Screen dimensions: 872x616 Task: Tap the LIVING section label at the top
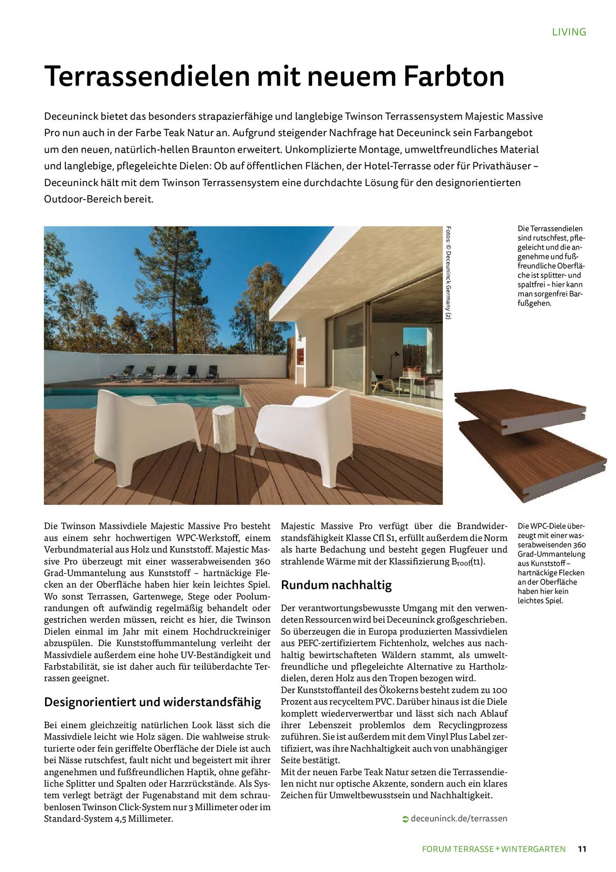pyautogui.click(x=569, y=32)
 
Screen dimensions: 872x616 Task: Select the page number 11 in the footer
pyautogui.click(x=583, y=849)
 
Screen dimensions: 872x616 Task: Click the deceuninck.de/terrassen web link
pyautogui.click(x=459, y=819)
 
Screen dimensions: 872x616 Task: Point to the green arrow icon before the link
pyautogui.click(x=405, y=819)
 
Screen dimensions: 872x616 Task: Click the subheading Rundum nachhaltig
pyautogui.click(x=336, y=585)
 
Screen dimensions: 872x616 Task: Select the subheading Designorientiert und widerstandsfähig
pyautogui.click(x=152, y=702)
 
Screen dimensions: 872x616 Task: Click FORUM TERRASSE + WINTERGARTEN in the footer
pyautogui.click(x=494, y=849)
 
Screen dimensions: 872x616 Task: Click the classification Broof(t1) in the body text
pyautogui.click(x=468, y=562)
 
